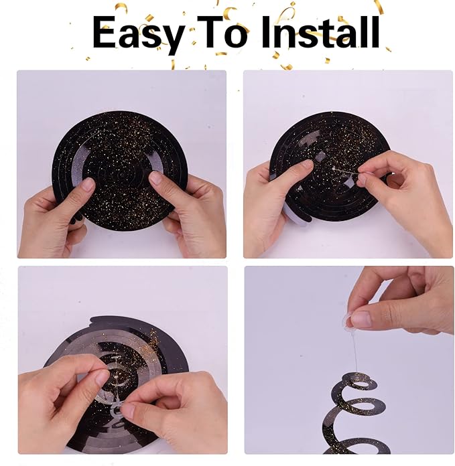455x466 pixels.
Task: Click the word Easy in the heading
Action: point(137,34)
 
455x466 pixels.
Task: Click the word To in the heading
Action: point(222,31)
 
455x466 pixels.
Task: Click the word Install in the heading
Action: point(320,31)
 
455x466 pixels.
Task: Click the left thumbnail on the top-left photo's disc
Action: point(88,185)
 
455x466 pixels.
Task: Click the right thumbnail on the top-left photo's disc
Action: point(156,178)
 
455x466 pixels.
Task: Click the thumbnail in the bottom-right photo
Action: point(361,319)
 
